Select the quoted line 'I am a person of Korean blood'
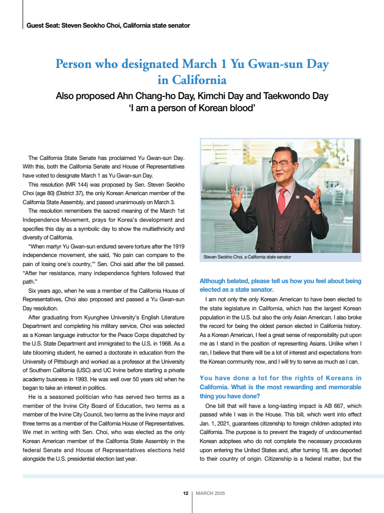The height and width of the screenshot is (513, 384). pos(191,107)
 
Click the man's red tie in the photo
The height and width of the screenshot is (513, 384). pos(282,193)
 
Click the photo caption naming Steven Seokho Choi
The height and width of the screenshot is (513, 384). pos(247,257)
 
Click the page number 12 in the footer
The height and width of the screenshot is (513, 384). pos(185,493)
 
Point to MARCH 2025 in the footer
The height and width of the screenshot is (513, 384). pos(210,493)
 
